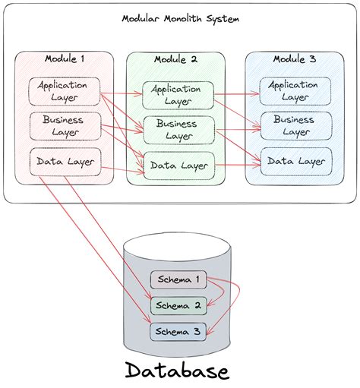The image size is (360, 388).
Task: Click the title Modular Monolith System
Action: (180, 18)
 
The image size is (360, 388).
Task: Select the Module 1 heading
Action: (64, 58)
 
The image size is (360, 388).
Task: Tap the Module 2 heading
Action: (175, 58)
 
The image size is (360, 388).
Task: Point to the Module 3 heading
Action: (295, 58)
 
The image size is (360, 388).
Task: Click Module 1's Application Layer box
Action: (63, 91)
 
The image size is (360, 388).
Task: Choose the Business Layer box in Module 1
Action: (63, 125)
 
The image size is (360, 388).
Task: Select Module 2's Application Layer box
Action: (175, 95)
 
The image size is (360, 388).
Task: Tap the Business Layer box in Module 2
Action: (177, 129)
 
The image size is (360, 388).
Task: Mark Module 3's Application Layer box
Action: (295, 91)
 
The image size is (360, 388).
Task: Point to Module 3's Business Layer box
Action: (295, 125)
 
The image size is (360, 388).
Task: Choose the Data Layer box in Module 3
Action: (295, 160)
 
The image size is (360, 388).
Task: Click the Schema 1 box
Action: (178, 279)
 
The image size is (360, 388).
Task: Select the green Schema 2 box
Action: (178, 305)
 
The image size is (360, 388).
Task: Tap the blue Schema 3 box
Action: (178, 331)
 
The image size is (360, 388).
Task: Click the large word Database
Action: (176, 371)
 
